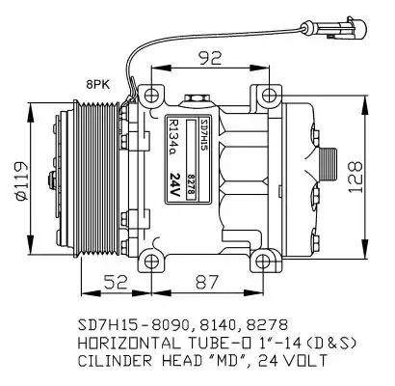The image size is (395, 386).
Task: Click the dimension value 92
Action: (211, 58)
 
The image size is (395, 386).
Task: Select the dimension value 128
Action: (355, 178)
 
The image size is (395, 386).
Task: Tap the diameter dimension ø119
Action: (21, 181)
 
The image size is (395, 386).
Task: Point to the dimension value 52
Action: (116, 283)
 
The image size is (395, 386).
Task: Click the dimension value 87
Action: (207, 283)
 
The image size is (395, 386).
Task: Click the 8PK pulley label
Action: (97, 85)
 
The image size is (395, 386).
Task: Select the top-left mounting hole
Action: (151, 96)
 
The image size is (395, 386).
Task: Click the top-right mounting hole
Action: (269, 96)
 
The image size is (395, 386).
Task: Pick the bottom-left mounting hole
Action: (151, 262)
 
